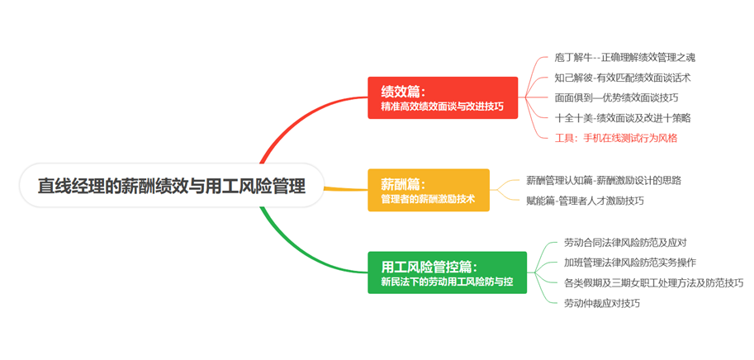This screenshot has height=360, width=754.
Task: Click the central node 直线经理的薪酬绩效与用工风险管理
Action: coord(171,186)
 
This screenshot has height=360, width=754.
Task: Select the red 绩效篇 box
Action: coord(443,97)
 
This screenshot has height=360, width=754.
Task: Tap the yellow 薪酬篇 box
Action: coord(428,190)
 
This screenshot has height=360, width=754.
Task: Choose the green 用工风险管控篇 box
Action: coord(447,273)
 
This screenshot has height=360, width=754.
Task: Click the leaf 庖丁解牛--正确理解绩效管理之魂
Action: coord(630,58)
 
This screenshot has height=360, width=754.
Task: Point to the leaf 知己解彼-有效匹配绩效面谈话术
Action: coord(623,78)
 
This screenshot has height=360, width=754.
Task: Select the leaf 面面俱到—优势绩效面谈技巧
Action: coord(623,97)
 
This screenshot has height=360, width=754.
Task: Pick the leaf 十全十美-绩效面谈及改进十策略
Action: coord(623,117)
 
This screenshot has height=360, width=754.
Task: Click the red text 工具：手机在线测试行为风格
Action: coord(616,138)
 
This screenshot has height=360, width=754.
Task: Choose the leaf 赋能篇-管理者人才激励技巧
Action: coord(585,200)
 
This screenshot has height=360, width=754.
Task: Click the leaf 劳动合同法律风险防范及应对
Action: coord(624,242)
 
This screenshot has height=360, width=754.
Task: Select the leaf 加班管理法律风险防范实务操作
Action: coord(629,263)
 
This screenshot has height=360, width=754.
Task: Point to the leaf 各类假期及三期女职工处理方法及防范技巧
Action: coord(653,282)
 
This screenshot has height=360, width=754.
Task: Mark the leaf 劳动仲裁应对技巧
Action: coord(601,303)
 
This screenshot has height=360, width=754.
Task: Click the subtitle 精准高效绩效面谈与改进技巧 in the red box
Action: coord(442,107)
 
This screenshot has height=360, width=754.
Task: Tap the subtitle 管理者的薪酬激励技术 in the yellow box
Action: coord(428,199)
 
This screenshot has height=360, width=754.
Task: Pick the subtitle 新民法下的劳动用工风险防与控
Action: coord(447,282)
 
